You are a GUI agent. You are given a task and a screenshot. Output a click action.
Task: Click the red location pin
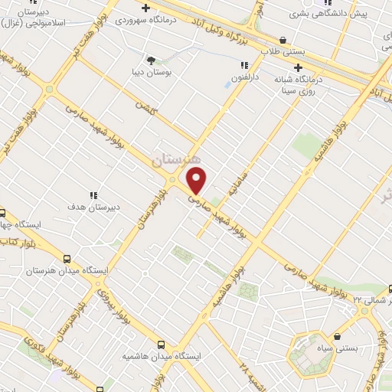coord(197,181)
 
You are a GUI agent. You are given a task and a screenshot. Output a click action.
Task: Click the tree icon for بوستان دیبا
coord(150,60)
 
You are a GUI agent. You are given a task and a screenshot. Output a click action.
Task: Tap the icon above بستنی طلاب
coord(283,40)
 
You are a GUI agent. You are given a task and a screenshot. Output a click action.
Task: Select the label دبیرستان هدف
coord(92,207)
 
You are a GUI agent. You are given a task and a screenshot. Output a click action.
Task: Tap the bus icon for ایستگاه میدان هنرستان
coord(67,260)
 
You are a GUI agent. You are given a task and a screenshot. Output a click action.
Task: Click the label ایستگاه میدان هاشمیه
coord(161,357)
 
